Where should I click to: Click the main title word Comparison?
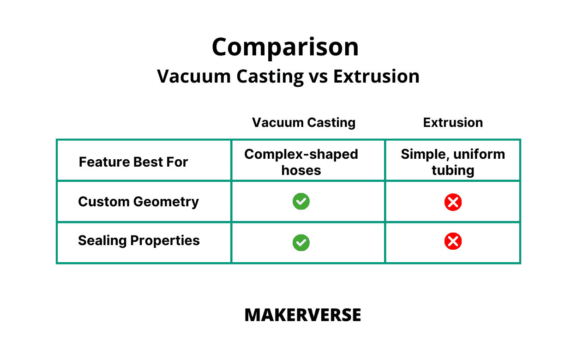click(285, 47)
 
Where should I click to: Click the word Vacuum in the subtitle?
click(194, 77)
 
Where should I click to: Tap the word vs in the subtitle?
click(318, 77)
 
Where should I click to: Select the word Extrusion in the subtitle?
click(376, 77)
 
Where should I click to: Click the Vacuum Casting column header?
click(304, 123)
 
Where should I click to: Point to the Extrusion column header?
click(453, 123)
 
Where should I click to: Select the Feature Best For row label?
click(133, 162)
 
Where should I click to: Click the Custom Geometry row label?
click(138, 202)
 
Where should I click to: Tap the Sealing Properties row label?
click(139, 241)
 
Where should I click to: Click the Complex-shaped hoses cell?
click(301, 162)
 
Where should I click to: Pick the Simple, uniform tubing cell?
click(453, 162)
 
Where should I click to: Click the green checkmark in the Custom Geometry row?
click(301, 201)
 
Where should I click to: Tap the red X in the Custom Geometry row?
click(453, 202)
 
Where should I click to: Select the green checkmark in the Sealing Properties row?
click(301, 243)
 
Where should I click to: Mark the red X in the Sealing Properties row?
click(453, 241)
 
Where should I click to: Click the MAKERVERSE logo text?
click(303, 315)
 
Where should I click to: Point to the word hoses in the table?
click(301, 170)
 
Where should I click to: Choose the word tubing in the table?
click(453, 171)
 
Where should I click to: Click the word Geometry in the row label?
click(166, 202)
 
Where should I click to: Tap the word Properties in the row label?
click(165, 241)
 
